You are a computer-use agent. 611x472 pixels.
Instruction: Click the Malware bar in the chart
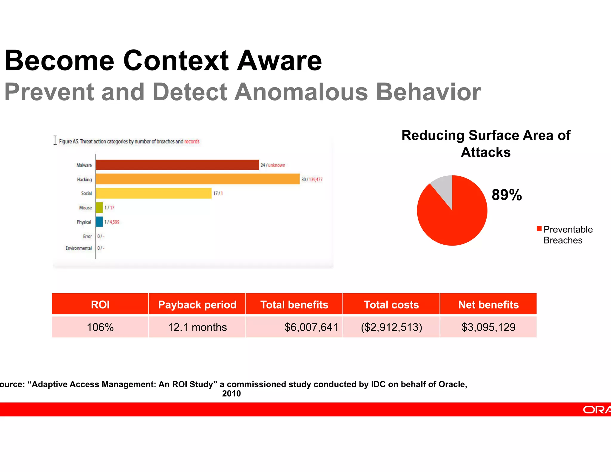coord(177,165)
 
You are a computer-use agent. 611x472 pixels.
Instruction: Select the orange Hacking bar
coord(198,179)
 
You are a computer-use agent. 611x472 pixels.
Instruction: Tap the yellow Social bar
coord(154,193)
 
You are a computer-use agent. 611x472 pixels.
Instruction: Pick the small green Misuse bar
coord(99,207)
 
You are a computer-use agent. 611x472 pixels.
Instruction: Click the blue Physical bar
coord(99,222)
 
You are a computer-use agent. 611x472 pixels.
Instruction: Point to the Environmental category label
coord(78,248)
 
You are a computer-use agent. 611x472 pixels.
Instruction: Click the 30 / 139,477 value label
coord(312,179)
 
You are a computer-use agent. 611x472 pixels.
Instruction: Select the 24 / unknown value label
coord(273,165)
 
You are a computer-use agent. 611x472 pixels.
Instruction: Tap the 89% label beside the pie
coord(507,195)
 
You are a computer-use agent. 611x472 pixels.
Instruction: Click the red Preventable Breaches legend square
coord(539,229)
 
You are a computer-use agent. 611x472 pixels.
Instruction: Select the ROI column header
coord(100,304)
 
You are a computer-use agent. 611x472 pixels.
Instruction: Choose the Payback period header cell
coord(197,304)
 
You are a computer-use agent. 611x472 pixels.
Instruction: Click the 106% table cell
coord(100,327)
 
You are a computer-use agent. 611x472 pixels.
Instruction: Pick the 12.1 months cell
coord(197,327)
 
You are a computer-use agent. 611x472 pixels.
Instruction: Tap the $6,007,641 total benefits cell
coord(311,327)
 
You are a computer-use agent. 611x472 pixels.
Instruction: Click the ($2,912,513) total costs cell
coord(391,327)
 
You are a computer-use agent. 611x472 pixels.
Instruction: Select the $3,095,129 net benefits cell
coord(488,327)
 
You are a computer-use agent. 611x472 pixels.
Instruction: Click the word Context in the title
coord(176,61)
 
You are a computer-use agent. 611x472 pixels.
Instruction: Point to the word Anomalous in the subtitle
coord(301,92)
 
